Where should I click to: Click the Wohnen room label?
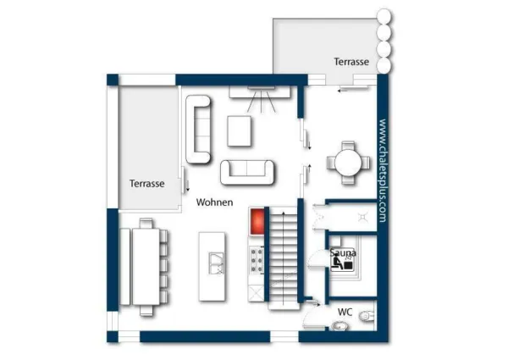(x=214, y=203)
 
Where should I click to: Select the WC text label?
(x=345, y=312)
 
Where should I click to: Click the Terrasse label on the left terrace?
(x=146, y=183)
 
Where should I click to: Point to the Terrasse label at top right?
(x=351, y=62)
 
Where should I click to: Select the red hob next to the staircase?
(x=257, y=222)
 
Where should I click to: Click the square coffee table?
(x=240, y=130)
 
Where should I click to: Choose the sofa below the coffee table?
(x=248, y=172)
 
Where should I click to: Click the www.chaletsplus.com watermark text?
(x=383, y=170)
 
